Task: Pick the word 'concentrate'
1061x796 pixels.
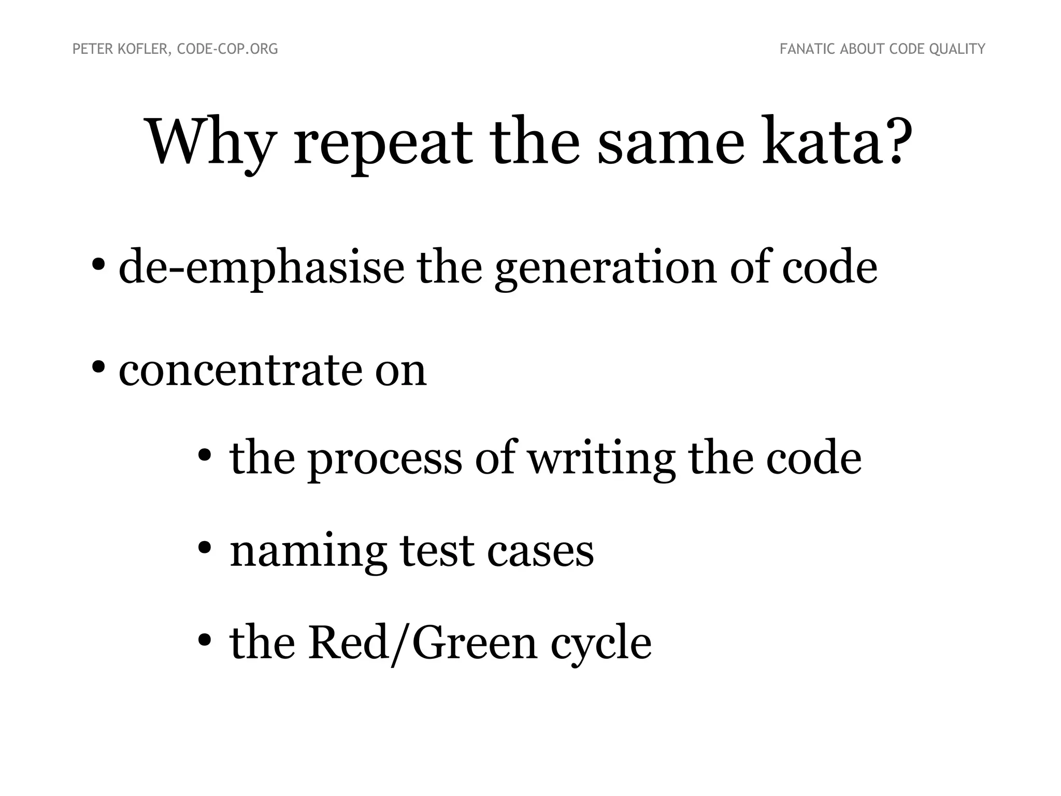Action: click(240, 370)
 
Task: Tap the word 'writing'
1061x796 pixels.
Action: click(601, 459)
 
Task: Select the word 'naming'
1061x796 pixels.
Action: click(308, 551)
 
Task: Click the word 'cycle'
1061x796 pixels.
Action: click(600, 645)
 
